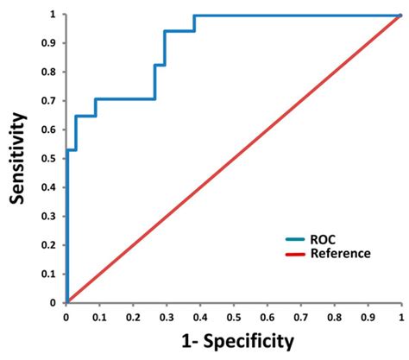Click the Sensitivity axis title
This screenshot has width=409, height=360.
(18, 157)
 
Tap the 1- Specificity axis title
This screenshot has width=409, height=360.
(232, 341)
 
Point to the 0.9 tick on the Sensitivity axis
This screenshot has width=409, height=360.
(53, 43)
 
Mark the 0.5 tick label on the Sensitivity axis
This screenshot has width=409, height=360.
(53, 159)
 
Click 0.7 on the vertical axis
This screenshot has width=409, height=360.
(53, 101)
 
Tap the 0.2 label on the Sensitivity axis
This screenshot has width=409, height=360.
(53, 245)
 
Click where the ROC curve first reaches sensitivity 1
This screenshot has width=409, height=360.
(194, 16)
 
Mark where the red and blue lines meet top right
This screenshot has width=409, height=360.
(400, 16)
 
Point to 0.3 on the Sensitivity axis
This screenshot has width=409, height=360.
(53, 217)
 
